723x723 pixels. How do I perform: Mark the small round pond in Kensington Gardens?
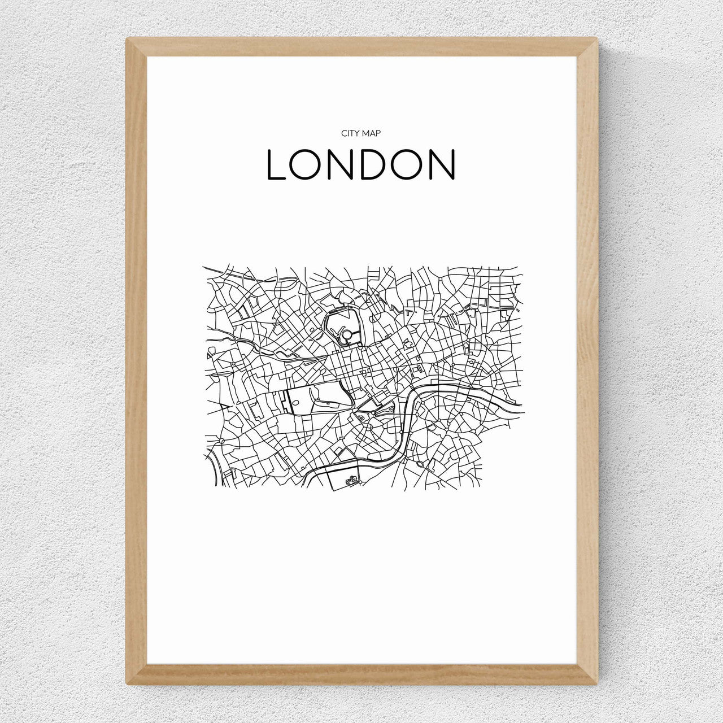coord(295,403)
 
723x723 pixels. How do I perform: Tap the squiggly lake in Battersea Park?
coord(352,481)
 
